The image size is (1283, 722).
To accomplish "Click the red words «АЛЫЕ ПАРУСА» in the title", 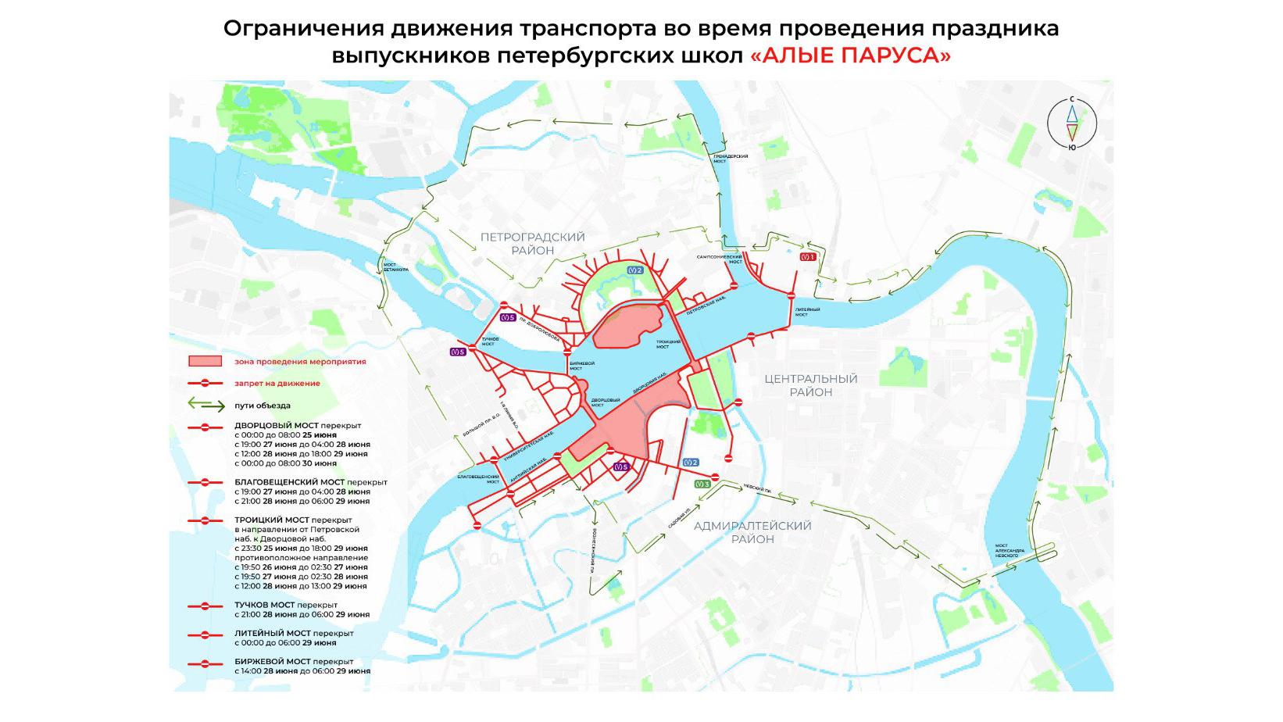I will [x=850, y=56].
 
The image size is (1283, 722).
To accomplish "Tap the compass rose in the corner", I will [x=1072, y=124].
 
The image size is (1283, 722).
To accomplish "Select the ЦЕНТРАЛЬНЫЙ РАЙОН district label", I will [x=810, y=385].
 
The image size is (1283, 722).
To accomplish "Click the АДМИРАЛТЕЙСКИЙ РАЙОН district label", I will [x=753, y=532].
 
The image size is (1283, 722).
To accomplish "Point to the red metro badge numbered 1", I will [x=808, y=256].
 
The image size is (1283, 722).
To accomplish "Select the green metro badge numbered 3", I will [x=702, y=484].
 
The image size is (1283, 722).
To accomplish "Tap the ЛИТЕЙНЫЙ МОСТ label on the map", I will [x=807, y=312].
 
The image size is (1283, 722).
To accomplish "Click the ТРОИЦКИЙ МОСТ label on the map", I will [x=668, y=344].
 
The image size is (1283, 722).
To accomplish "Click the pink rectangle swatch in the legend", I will [x=207, y=362].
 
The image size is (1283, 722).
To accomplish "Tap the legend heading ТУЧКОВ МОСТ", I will [x=263, y=605].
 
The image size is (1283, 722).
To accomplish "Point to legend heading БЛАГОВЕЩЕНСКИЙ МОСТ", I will [x=288, y=482].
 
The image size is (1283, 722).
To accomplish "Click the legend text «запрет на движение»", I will [x=277, y=383].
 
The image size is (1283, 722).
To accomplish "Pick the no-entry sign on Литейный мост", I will [x=791, y=295].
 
